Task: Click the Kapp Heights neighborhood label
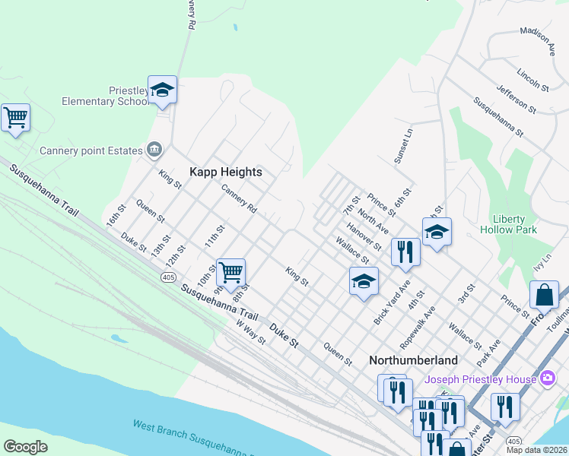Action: coord(225,172)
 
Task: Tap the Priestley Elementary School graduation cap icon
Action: coord(162,90)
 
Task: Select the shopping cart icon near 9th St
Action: coord(230,271)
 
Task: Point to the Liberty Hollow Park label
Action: coord(509,224)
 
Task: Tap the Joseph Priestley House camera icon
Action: coord(547,378)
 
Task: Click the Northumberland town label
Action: coord(413,360)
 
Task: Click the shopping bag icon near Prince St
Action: coord(545,294)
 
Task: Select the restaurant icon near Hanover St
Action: coord(405,251)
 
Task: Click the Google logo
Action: coord(25,447)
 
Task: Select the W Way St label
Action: coord(250,332)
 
